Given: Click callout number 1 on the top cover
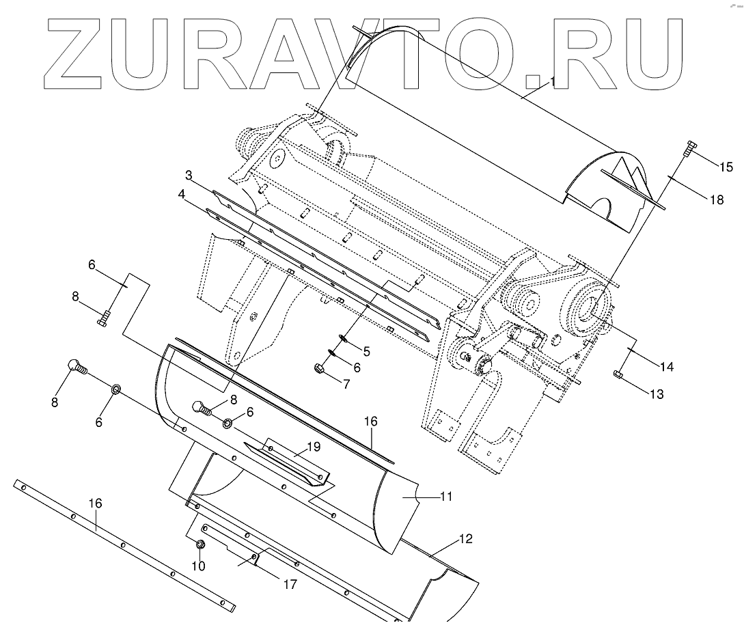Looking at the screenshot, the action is click(x=552, y=81).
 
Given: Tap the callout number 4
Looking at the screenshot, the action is click(x=182, y=195).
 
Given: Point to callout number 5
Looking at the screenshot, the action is click(x=366, y=352).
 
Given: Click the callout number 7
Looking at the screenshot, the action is click(x=346, y=384).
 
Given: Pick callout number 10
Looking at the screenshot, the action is click(x=199, y=566).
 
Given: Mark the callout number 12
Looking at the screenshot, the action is click(x=465, y=539).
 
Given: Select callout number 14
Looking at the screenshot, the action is click(x=666, y=367).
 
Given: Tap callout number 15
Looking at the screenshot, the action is click(x=725, y=167).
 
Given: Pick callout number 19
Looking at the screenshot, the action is click(x=314, y=447).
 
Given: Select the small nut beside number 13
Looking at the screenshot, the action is click(x=618, y=373).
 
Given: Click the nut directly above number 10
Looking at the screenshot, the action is click(x=200, y=544).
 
